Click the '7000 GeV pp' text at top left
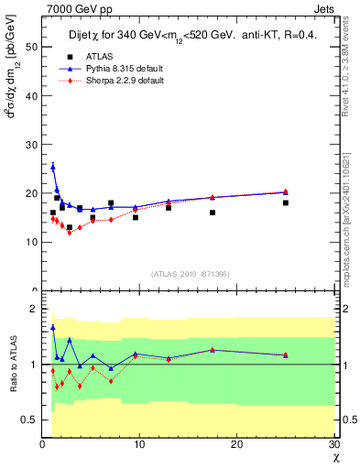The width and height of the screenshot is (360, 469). click(x=72, y=9)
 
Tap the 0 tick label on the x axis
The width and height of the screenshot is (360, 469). click(x=42, y=444)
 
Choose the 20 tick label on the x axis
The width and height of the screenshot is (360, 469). click(x=237, y=444)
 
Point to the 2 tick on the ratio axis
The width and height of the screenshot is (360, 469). click(x=35, y=309)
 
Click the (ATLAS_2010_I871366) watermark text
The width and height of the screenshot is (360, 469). click(x=190, y=274)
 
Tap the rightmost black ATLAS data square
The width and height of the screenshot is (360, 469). click(x=286, y=202)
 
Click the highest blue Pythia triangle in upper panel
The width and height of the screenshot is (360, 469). click(x=53, y=167)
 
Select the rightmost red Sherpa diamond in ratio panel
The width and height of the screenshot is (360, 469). click(x=286, y=355)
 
